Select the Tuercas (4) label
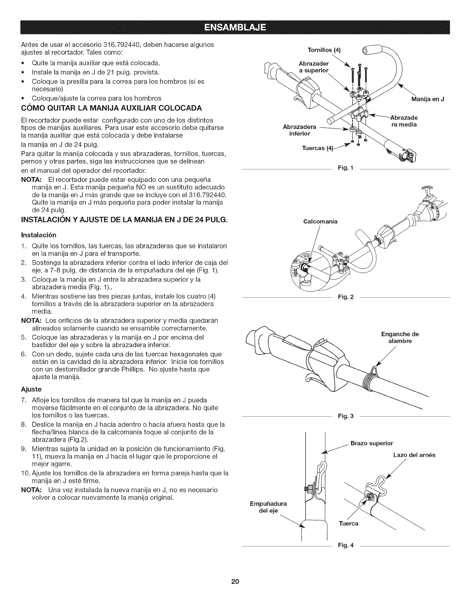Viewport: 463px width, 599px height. (x=317, y=148)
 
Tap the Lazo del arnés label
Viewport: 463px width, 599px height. (x=414, y=455)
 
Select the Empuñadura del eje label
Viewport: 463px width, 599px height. (x=268, y=507)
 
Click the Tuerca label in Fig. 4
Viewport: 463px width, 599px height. (x=348, y=524)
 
